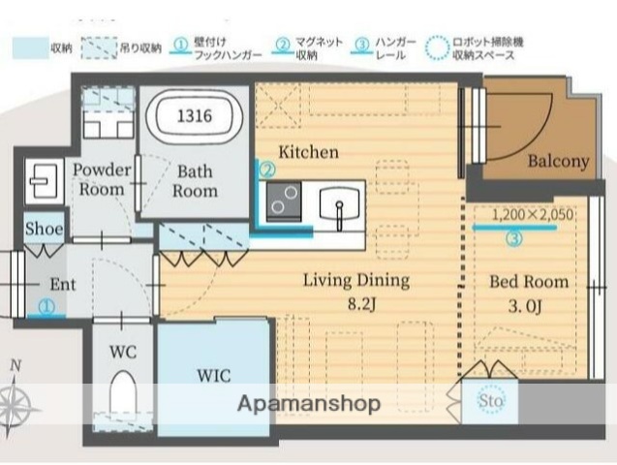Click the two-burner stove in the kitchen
point(283,203)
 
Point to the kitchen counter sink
point(340,205)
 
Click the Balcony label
point(558,162)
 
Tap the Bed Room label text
point(528,282)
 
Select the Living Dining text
point(355,281)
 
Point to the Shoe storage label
point(44,230)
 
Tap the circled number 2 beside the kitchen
point(265,168)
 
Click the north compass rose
point(16,403)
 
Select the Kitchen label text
point(308,152)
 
